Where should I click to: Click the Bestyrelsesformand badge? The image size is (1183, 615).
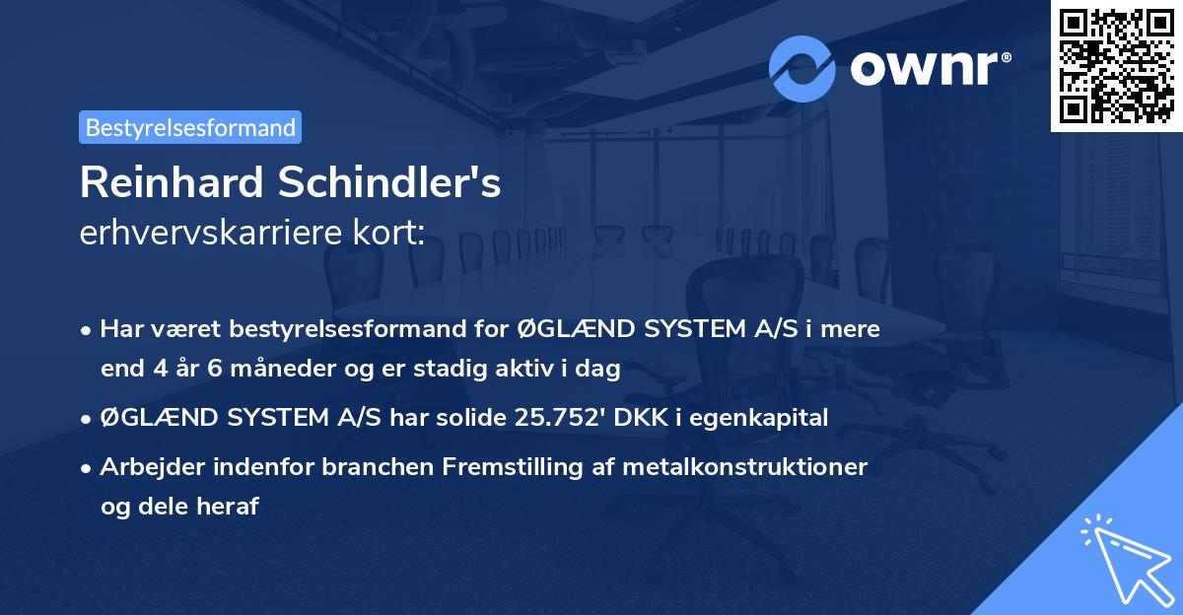point(190,127)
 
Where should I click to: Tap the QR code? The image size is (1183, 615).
point(1116,66)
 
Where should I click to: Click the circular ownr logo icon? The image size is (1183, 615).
point(802,69)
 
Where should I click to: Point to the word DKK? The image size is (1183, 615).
point(642,418)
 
